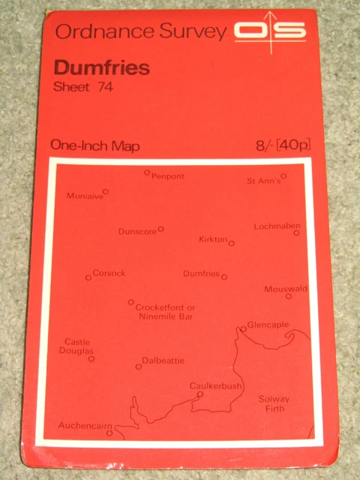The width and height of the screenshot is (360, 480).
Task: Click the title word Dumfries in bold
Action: (101, 67)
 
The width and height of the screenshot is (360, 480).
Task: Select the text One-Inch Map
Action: (94, 146)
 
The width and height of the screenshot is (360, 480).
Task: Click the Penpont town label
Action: (168, 176)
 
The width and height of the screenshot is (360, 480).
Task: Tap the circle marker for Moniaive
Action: (106, 191)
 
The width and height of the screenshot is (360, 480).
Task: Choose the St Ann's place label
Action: (264, 181)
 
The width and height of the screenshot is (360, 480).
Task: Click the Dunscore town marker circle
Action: (160, 229)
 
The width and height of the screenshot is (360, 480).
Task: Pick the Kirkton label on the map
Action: (213, 239)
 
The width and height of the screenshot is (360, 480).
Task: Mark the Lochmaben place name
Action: (277, 226)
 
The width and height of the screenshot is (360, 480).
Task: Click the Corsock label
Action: (109, 273)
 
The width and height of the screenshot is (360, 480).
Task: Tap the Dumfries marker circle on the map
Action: (224, 276)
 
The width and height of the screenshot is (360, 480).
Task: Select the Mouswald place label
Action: (286, 289)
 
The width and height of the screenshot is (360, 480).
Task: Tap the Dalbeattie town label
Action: (163, 361)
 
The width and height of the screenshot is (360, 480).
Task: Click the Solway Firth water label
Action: (274, 403)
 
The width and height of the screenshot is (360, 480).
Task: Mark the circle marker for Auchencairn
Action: (109, 433)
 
